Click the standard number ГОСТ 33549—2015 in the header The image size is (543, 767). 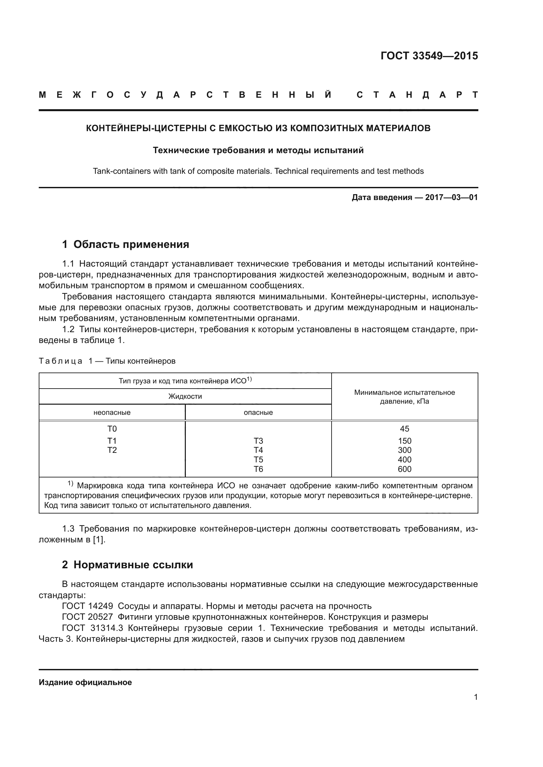pos(429,56)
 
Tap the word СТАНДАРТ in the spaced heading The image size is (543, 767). pos(417,95)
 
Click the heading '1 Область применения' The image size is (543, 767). pos(125,244)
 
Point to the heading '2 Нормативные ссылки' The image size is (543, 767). pos(127,565)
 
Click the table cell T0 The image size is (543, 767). pos(112,429)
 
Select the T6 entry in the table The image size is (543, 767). pos(258,469)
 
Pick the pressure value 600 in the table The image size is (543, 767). pos(404,469)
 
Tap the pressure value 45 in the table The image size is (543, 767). pos(404,429)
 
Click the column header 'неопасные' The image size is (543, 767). pos(112,413)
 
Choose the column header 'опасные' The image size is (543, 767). pos(258,413)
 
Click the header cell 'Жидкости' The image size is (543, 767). pos(185,396)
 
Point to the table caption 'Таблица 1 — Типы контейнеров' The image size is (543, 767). pos(107,361)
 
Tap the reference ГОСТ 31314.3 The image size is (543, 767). pos(93,628)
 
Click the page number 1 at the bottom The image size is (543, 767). pos(475,697)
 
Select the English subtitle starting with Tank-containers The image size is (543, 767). pos(258,172)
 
